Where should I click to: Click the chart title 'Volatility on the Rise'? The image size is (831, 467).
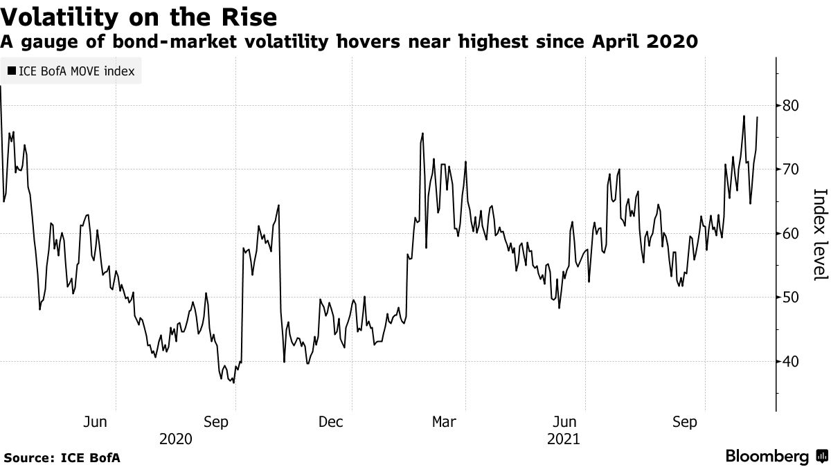click(139, 16)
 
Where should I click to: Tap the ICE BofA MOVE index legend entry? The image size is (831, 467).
click(71, 71)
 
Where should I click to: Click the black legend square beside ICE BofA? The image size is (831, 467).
click(12, 71)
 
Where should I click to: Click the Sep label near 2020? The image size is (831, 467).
click(217, 422)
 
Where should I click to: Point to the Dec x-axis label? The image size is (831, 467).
click(330, 422)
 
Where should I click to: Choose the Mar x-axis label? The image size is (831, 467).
click(445, 422)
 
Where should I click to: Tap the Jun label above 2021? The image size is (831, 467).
click(566, 422)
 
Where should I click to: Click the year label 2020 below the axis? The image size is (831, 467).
click(176, 439)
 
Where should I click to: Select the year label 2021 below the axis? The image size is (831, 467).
click(564, 439)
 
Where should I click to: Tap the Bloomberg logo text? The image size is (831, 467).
click(767, 457)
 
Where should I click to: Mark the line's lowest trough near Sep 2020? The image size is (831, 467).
click(233, 383)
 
